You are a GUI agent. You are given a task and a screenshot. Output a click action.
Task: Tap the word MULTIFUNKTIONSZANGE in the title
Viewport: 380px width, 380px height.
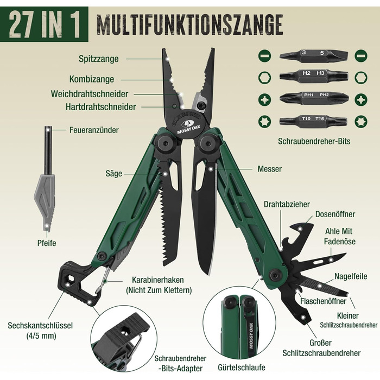[189, 25]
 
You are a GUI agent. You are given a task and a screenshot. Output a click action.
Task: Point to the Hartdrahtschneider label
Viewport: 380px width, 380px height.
[101, 107]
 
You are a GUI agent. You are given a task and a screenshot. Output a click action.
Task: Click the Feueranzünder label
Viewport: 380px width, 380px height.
[94, 130]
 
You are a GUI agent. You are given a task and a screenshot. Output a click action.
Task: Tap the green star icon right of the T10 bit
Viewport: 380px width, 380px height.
[361, 122]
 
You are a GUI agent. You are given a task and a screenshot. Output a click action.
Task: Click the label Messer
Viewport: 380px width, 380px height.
[269, 169]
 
